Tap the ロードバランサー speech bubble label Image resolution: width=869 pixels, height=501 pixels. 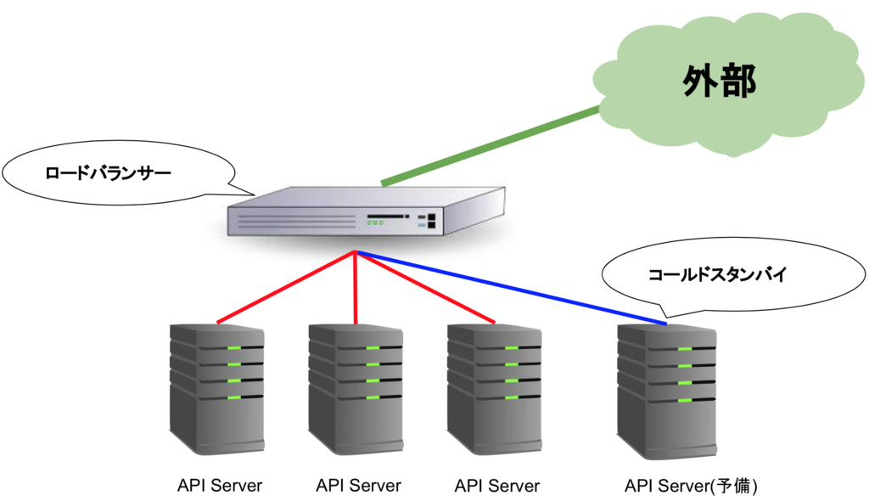click(x=108, y=174)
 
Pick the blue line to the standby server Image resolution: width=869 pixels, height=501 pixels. click(x=509, y=288)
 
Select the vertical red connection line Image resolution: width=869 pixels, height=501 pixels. click(x=355, y=289)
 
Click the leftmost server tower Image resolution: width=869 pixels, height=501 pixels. click(x=216, y=391)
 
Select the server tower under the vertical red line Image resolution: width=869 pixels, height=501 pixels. click(x=355, y=391)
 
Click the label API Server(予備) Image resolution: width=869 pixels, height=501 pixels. click(x=690, y=487)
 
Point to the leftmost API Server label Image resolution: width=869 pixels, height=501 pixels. click(x=220, y=487)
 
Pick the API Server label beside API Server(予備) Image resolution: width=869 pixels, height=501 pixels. click(x=496, y=487)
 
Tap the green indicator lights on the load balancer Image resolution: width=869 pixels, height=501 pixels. click(x=375, y=222)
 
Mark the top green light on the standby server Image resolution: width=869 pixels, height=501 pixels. click(x=685, y=349)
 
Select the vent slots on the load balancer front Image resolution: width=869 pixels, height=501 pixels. click(x=297, y=222)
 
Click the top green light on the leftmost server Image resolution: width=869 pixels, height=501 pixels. click(x=234, y=349)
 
